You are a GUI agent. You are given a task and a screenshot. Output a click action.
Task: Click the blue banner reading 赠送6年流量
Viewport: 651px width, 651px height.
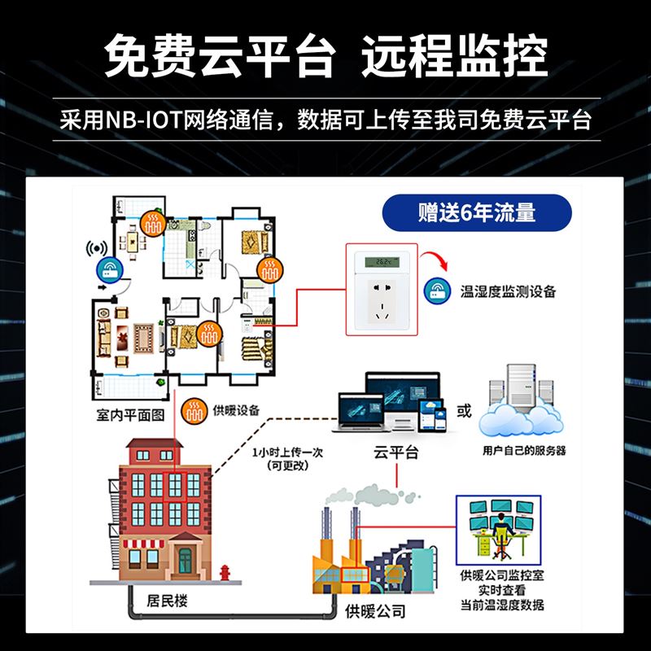pos(477,214)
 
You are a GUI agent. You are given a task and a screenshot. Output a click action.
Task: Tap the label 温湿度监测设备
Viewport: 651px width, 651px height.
pos(508,291)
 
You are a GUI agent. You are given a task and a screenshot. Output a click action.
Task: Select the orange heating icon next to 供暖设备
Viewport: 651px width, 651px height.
pos(194,410)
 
